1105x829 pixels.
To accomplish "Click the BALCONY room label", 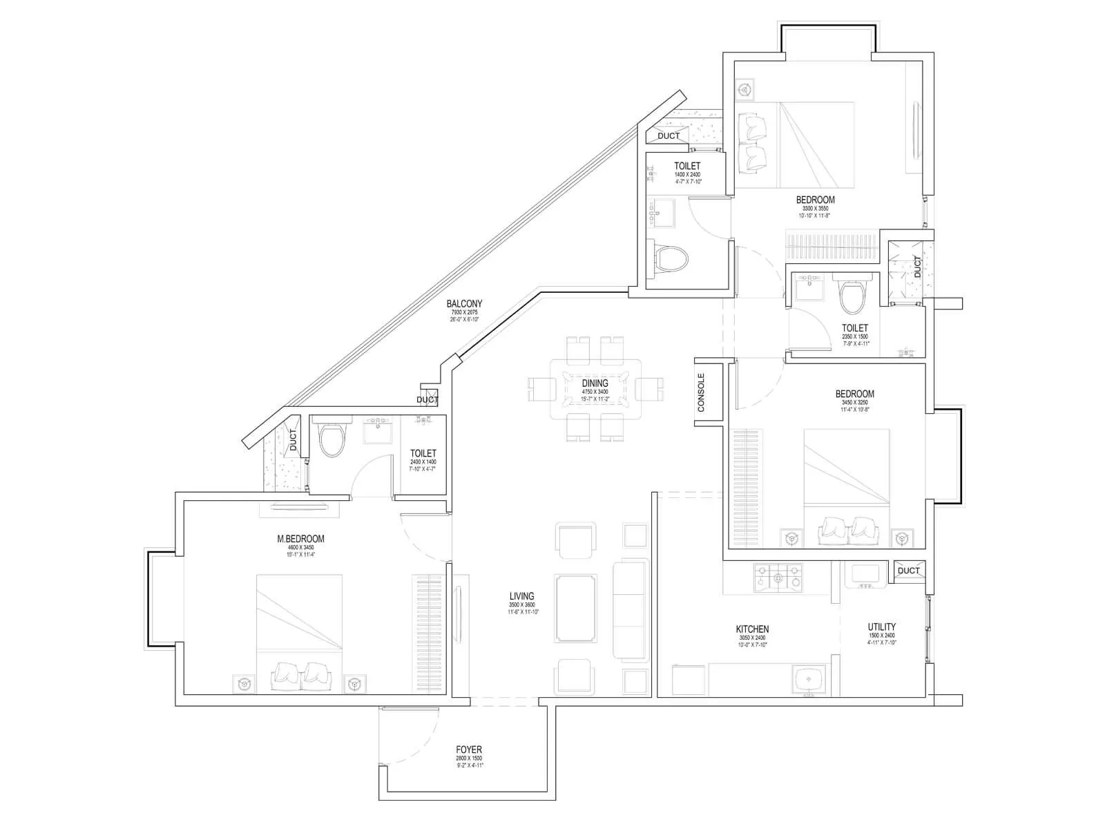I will coord(464,303).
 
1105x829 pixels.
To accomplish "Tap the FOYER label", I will coord(469,750).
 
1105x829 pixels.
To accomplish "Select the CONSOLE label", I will coord(702,393).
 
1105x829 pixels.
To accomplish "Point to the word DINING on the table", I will coord(595,383).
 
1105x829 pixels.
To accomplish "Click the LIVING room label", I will coord(521,596).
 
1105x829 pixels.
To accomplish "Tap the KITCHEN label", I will coord(752,629).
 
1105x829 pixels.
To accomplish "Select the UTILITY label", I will coord(882,627).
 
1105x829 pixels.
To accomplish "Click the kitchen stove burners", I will coord(779,578).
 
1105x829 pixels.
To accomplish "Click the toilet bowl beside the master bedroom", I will coord(331,439).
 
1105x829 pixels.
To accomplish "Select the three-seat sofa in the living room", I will coord(630,610).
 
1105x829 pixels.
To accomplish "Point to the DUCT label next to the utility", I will coord(908,570).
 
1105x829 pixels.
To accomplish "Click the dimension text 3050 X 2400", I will coord(752,638).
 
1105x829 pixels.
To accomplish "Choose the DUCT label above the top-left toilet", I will coord(669,136).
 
